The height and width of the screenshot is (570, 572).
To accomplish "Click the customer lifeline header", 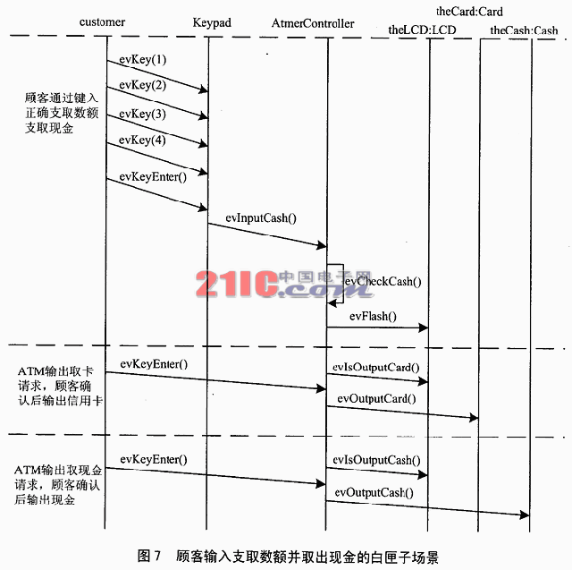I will pos(103,21).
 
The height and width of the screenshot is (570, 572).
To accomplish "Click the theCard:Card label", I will pos(469,12).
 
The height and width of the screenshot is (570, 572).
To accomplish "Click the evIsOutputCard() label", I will pos(375,367).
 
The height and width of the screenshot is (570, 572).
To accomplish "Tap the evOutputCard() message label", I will pos(375,398).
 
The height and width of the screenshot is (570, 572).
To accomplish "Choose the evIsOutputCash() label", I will pos(376,460).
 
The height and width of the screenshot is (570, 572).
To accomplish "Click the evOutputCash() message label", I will pos(374,491).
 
